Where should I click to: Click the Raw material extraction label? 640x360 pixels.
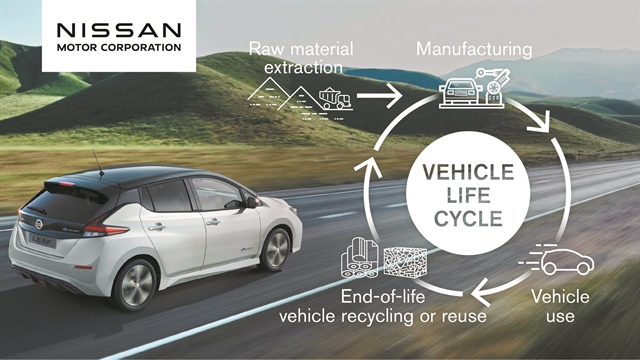coord(296,57)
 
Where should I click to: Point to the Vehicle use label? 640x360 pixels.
coord(560,306)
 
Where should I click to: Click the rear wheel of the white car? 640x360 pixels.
coord(136,285)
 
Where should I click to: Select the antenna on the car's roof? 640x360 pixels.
coord(98,160)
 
